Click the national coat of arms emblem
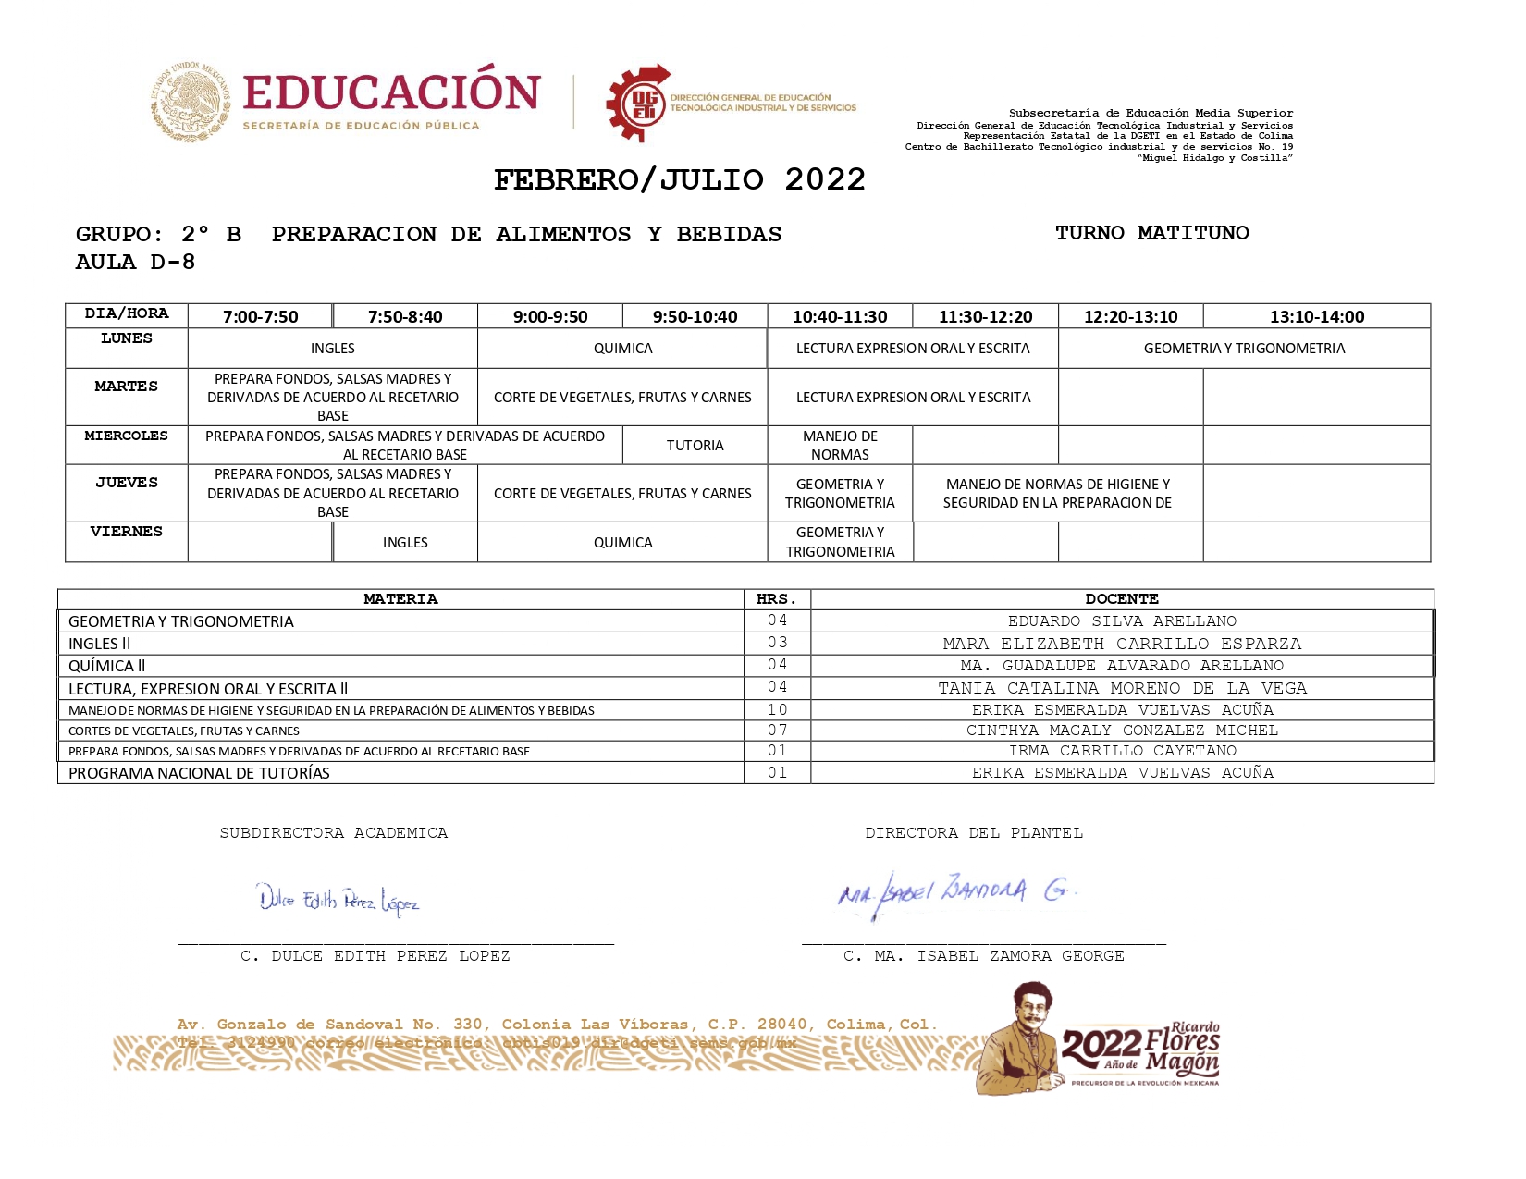(191, 102)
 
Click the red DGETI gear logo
(639, 103)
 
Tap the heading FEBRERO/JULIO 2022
(679, 179)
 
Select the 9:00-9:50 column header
(550, 316)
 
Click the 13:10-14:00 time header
(1316, 316)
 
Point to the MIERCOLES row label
(127, 436)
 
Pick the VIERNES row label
(127, 532)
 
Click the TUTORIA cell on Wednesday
(695, 446)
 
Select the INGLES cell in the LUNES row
(333, 349)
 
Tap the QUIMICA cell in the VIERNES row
(622, 543)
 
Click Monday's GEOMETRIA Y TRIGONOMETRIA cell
(1244, 349)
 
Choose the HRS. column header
(777, 599)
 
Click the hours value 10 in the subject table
(777, 710)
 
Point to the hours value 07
(777, 731)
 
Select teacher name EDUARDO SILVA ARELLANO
(1122, 621)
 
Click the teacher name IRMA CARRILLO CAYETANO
(1122, 751)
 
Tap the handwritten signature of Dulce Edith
(338, 899)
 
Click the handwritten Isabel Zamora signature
(955, 891)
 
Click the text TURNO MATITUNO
(1151, 233)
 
